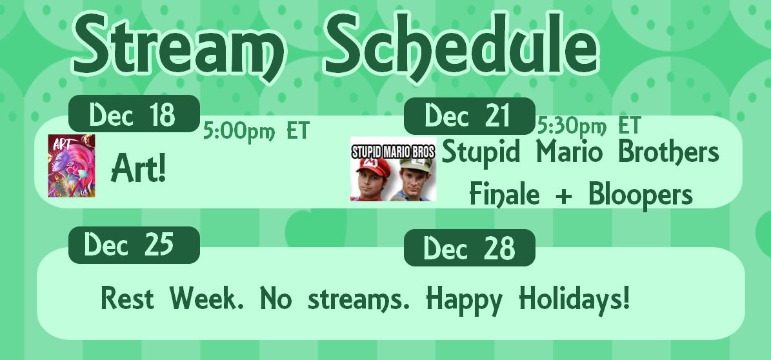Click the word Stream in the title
[179, 45]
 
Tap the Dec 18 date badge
[134, 114]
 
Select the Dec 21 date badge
[470, 116]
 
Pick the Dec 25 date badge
[134, 245]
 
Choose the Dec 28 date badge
[470, 247]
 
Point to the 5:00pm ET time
[256, 132]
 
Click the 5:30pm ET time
[589, 126]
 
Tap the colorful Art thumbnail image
[72, 166]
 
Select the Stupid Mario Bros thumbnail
[394, 168]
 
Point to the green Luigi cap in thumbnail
[416, 164]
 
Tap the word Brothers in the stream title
[668, 152]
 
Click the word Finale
[505, 193]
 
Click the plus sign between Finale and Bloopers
[564, 195]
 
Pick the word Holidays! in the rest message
[575, 298]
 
